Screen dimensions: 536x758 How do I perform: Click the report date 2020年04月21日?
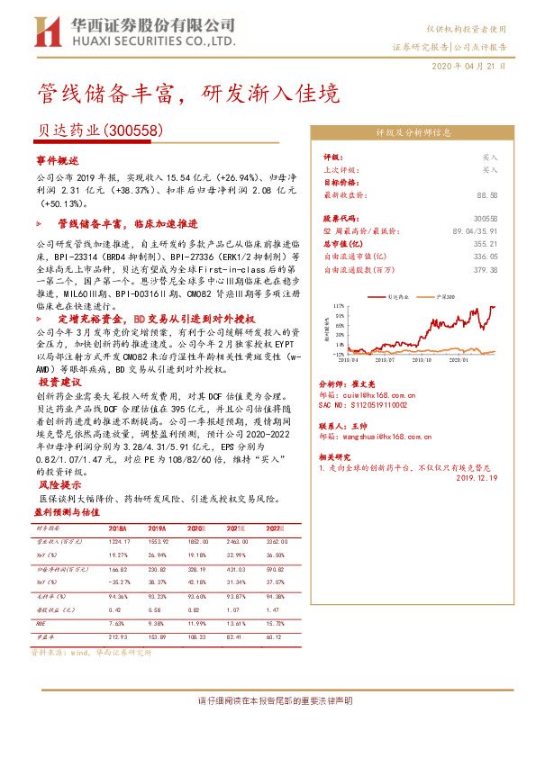point(469,66)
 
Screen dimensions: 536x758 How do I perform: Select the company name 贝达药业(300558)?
point(99,131)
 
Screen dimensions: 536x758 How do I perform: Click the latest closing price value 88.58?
point(487,194)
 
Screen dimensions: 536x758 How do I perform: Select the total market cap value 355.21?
point(486,242)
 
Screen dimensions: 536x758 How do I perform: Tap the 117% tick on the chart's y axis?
point(338,306)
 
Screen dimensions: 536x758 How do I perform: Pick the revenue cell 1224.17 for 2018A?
point(120,542)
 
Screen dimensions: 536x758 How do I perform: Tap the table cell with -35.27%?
point(119,582)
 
